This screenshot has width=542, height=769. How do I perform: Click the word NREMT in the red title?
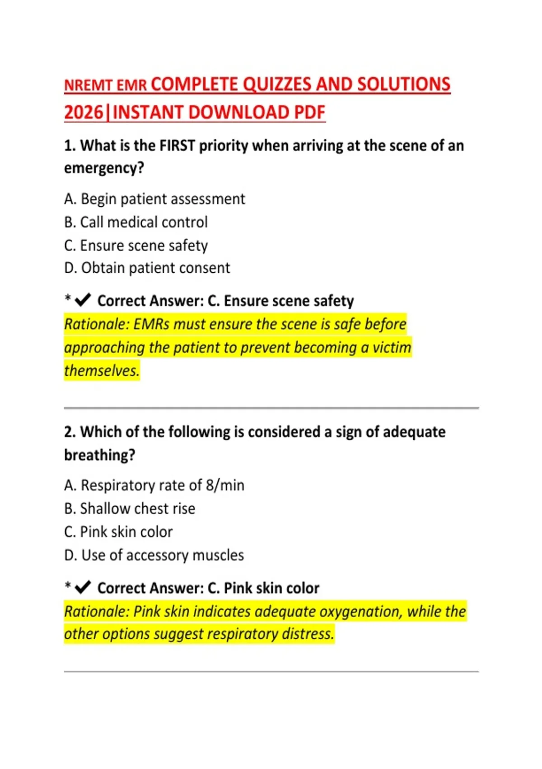click(x=89, y=85)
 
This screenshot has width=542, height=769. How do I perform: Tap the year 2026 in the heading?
click(x=84, y=113)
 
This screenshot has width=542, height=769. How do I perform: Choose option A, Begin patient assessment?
click(x=154, y=199)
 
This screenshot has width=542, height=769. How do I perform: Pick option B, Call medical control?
click(x=135, y=222)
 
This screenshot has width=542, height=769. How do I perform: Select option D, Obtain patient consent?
click(x=147, y=268)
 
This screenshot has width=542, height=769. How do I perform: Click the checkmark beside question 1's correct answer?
click(x=83, y=300)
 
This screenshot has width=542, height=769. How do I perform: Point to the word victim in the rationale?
click(x=392, y=347)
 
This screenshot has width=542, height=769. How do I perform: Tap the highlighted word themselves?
click(x=102, y=370)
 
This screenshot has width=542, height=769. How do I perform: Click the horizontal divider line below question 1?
click(x=271, y=408)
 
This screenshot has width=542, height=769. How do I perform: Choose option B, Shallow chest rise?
click(x=130, y=508)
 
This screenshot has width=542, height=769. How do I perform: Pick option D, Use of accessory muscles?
click(x=154, y=555)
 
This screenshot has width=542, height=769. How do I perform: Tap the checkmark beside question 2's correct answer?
click(x=83, y=587)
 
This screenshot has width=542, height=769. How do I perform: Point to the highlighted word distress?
click(x=308, y=634)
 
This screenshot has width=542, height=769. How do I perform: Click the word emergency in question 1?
click(x=104, y=168)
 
